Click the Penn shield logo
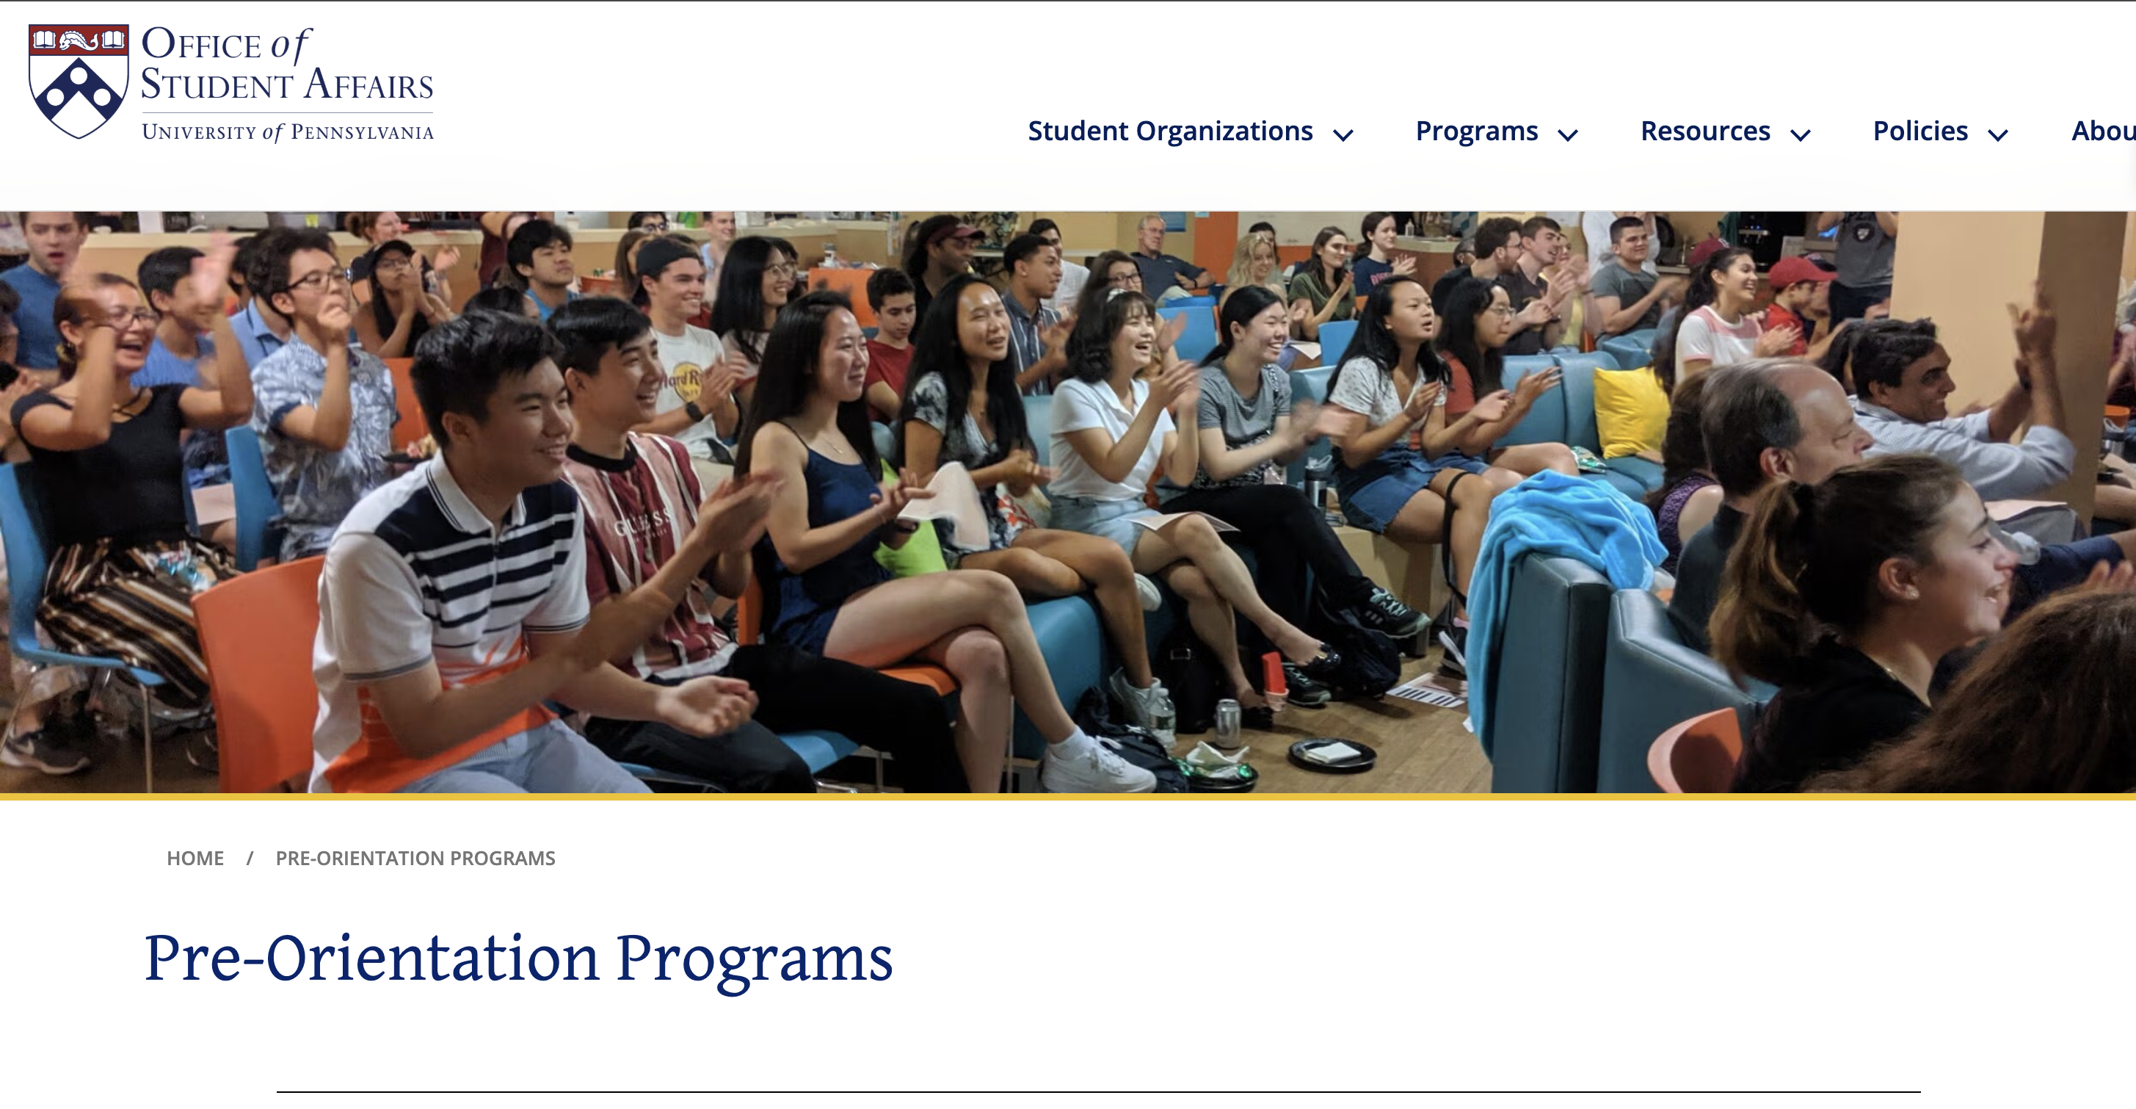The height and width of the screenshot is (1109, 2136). pyautogui.click(x=79, y=82)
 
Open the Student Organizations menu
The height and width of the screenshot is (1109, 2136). pyautogui.click(x=1170, y=131)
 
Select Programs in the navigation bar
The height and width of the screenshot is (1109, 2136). pyautogui.click(x=1476, y=131)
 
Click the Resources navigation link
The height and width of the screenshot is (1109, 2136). pyautogui.click(x=1705, y=131)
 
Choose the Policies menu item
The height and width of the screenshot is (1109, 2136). pyautogui.click(x=1919, y=131)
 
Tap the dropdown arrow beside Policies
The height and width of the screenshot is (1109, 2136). pyautogui.click(x=1997, y=135)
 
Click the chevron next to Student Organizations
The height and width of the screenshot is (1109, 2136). pyautogui.click(x=1343, y=135)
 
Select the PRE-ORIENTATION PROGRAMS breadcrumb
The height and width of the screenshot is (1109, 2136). pyautogui.click(x=415, y=858)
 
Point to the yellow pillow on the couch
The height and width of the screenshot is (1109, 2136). pyautogui.click(x=1630, y=411)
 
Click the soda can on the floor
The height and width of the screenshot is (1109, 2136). pyautogui.click(x=1227, y=722)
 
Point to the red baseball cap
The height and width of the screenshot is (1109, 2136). pyautogui.click(x=1796, y=272)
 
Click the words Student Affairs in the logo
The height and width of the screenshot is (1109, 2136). pyautogui.click(x=287, y=84)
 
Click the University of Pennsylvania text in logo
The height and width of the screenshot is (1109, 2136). pyautogui.click(x=288, y=132)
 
